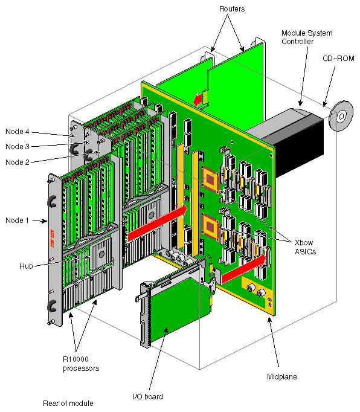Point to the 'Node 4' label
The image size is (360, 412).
(18, 132)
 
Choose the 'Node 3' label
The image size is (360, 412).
(18, 146)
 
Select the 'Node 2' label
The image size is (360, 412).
(18, 161)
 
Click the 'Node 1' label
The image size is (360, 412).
(18, 220)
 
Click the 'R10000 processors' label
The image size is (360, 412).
(82, 363)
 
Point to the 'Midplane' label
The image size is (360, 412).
(283, 377)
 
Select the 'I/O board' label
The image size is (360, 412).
(147, 396)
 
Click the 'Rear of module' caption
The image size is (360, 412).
(68, 404)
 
